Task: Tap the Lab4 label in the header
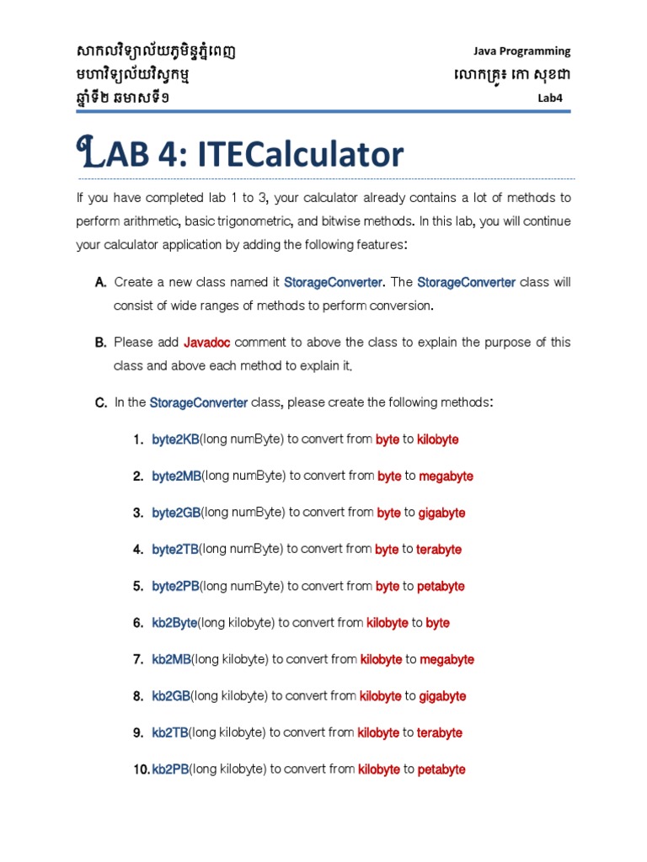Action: (549, 98)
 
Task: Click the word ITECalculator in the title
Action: (301, 155)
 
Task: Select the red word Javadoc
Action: (207, 343)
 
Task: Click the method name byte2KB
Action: (175, 439)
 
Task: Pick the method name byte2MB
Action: (177, 476)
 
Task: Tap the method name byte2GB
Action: (176, 513)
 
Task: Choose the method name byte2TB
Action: (175, 550)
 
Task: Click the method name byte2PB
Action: (175, 587)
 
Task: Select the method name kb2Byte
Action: (174, 623)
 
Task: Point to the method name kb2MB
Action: (171, 660)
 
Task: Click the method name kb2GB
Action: (171, 696)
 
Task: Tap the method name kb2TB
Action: (170, 733)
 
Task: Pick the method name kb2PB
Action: (170, 769)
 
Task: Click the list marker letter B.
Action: (100, 343)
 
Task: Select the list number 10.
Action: (140, 769)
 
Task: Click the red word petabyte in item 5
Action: (441, 587)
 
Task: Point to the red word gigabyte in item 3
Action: (441, 513)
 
